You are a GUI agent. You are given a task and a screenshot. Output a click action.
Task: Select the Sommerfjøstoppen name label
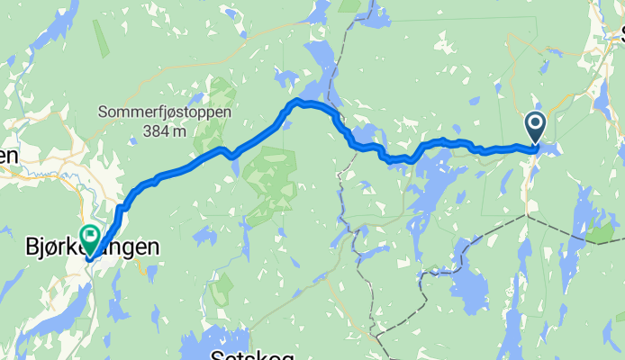pos(165,113)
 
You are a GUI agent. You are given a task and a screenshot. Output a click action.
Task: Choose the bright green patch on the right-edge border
pos(598,233)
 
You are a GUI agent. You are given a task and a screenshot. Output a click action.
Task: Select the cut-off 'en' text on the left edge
pos(8,156)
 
